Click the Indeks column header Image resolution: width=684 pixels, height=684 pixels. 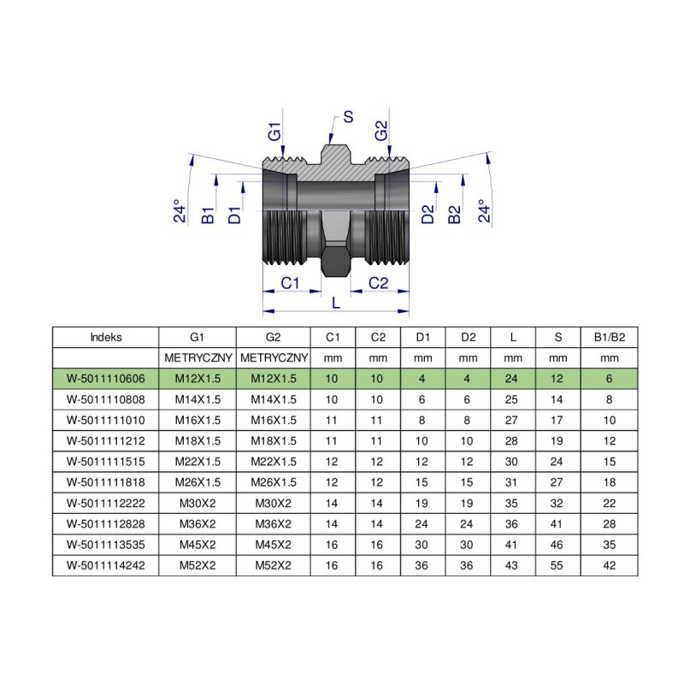pyautogui.click(x=105, y=337)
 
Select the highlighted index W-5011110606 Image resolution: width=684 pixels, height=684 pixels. pyautogui.click(x=105, y=378)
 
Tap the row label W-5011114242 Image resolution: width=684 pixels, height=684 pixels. pyautogui.click(x=105, y=565)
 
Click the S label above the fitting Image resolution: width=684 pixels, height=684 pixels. pyautogui.click(x=348, y=118)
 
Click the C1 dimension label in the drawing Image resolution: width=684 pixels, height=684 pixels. pyautogui.click(x=291, y=283)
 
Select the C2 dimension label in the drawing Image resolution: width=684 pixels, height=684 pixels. pyautogui.click(x=380, y=283)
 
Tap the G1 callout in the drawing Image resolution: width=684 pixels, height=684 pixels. pyautogui.click(x=274, y=133)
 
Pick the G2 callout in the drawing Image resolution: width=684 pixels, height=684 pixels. pyautogui.click(x=381, y=133)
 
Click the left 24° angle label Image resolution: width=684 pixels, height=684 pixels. pyautogui.click(x=180, y=212)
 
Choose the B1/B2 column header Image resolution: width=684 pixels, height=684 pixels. pyautogui.click(x=610, y=337)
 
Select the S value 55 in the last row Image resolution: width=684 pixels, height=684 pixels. pyautogui.click(x=558, y=565)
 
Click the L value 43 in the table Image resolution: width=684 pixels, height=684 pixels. pyautogui.click(x=512, y=565)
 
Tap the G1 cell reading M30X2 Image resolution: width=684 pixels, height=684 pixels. pyautogui.click(x=197, y=503)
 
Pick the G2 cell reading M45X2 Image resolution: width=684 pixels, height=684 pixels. pyautogui.click(x=274, y=545)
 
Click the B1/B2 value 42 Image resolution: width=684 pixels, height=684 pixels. pyautogui.click(x=610, y=565)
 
